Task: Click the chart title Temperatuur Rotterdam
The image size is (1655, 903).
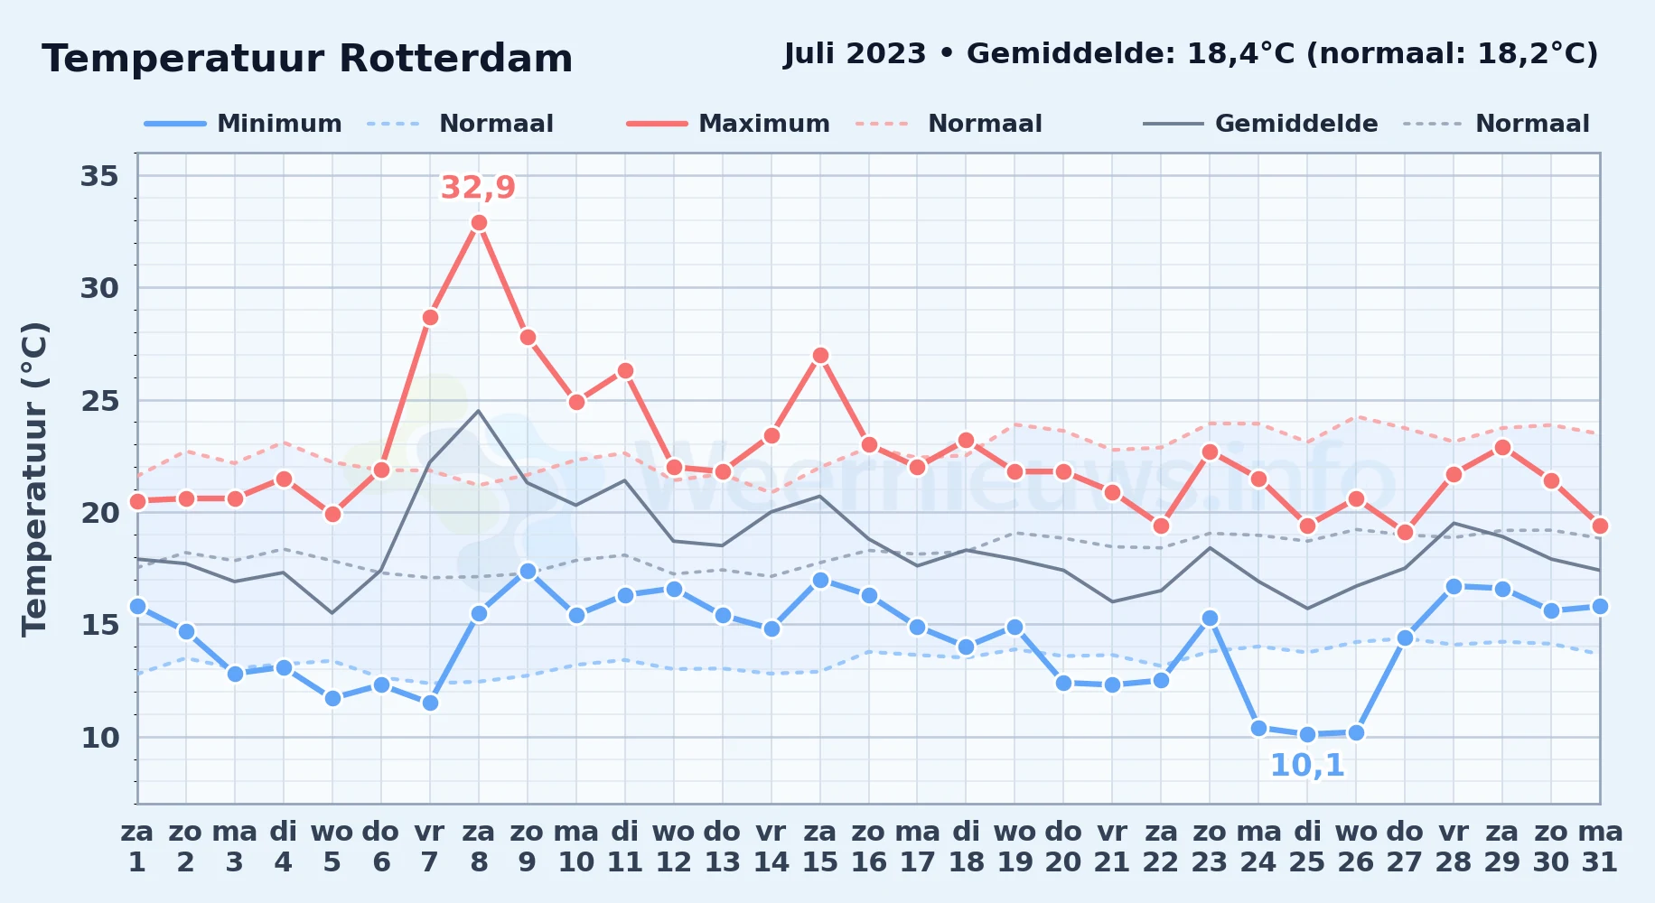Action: click(307, 59)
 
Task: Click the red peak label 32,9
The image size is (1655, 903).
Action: click(478, 188)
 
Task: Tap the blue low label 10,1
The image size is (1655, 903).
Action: click(1307, 766)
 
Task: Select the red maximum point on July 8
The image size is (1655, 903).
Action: click(479, 223)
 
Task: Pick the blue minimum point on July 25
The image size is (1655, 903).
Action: click(1307, 735)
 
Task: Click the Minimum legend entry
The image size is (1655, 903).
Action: click(243, 124)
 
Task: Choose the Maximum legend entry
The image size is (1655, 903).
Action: click(728, 124)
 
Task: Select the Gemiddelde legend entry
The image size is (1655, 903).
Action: click(1261, 124)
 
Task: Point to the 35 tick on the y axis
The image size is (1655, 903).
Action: click(99, 176)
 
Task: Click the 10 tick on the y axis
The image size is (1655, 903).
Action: click(99, 738)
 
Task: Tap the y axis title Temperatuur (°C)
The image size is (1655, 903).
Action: click(34, 479)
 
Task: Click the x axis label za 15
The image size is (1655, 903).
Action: click(820, 847)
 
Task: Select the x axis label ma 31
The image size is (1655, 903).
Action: click(1600, 847)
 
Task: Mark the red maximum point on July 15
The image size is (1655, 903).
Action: click(820, 356)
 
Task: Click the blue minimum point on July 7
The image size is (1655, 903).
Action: click(430, 703)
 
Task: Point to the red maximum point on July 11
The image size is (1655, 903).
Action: click(625, 371)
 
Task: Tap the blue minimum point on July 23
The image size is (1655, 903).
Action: click(1210, 619)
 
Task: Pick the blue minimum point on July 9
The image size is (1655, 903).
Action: click(528, 572)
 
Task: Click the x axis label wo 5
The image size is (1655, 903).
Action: click(332, 847)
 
